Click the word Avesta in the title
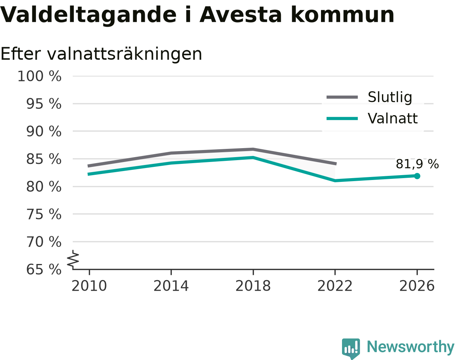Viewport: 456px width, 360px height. click(240, 15)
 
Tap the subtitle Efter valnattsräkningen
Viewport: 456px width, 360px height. click(101, 54)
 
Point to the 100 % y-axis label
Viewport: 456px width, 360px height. click(39, 76)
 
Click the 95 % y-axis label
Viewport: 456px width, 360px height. click(43, 104)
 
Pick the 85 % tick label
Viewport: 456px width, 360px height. click(43, 159)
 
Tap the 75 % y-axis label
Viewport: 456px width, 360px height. click(43, 214)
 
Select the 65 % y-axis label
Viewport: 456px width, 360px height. click(43, 270)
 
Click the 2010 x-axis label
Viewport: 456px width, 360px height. click(89, 286)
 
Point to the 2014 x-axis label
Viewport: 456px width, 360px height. click(171, 286)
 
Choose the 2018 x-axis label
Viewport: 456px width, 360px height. click(253, 286)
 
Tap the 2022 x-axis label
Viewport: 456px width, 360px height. click(335, 286)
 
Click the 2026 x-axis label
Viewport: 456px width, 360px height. click(417, 286)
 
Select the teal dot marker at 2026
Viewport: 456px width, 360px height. click(417, 176)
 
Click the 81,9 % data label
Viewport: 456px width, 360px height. click(417, 164)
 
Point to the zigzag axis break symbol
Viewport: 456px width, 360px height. click(73, 258)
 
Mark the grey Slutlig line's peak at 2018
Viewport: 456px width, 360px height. click(253, 149)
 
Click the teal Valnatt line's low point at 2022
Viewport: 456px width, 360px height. click(335, 181)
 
